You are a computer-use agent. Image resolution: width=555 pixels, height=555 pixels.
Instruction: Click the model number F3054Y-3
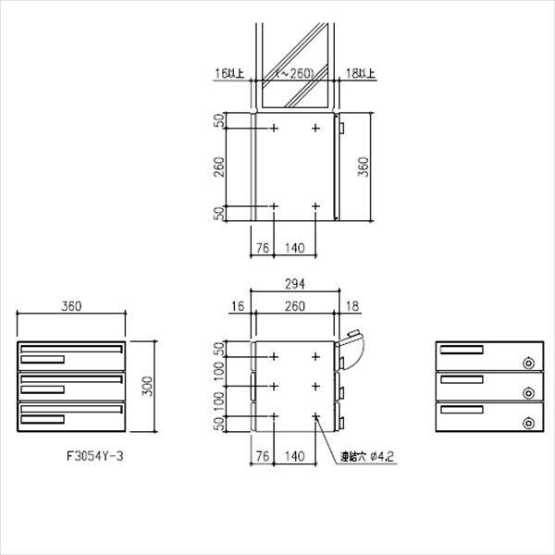95,456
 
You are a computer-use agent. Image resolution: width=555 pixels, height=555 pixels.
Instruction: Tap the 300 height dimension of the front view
147,386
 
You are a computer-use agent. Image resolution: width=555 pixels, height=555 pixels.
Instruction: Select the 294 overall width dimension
295,284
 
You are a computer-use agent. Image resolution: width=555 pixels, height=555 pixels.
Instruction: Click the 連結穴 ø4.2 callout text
367,457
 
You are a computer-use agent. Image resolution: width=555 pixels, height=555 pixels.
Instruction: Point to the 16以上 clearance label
229,73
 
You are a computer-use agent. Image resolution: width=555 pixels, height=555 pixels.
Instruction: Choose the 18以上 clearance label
361,73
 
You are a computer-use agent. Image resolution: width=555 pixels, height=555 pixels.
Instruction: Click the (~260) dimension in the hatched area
295,73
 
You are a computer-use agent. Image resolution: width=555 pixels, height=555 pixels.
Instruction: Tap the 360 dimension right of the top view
364,166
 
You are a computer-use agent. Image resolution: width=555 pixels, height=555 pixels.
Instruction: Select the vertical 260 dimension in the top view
219,166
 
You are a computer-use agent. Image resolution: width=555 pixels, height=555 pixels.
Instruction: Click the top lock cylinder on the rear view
529,364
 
